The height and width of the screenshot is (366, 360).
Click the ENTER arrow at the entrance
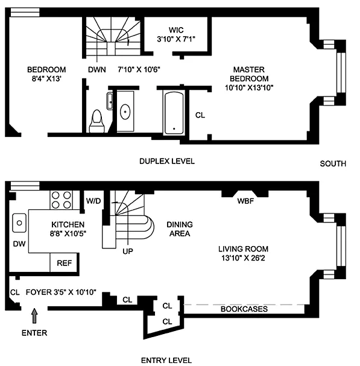click(34, 316)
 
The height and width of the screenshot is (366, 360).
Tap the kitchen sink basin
click(19, 223)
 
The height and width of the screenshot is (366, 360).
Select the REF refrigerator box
click(65, 262)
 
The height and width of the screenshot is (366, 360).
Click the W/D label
click(93, 201)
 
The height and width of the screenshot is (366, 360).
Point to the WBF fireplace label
click(245, 201)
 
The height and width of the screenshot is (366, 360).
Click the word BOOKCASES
click(244, 309)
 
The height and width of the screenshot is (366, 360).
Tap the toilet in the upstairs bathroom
click(96, 121)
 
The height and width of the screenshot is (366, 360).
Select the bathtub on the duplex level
click(174, 113)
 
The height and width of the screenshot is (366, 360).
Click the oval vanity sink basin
click(125, 112)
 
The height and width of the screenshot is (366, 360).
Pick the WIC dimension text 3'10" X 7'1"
click(176, 39)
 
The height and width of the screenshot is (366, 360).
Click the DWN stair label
click(97, 69)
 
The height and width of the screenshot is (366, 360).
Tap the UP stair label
click(128, 251)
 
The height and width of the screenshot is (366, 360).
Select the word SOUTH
click(333, 163)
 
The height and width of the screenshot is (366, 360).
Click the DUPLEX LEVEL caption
click(167, 161)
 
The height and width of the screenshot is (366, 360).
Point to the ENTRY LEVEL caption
click(166, 360)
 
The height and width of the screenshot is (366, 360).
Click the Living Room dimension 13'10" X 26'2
click(243, 258)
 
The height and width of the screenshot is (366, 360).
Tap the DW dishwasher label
click(19, 244)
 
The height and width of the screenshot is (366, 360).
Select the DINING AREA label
click(180, 229)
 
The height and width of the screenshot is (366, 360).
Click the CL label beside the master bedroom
click(200, 115)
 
